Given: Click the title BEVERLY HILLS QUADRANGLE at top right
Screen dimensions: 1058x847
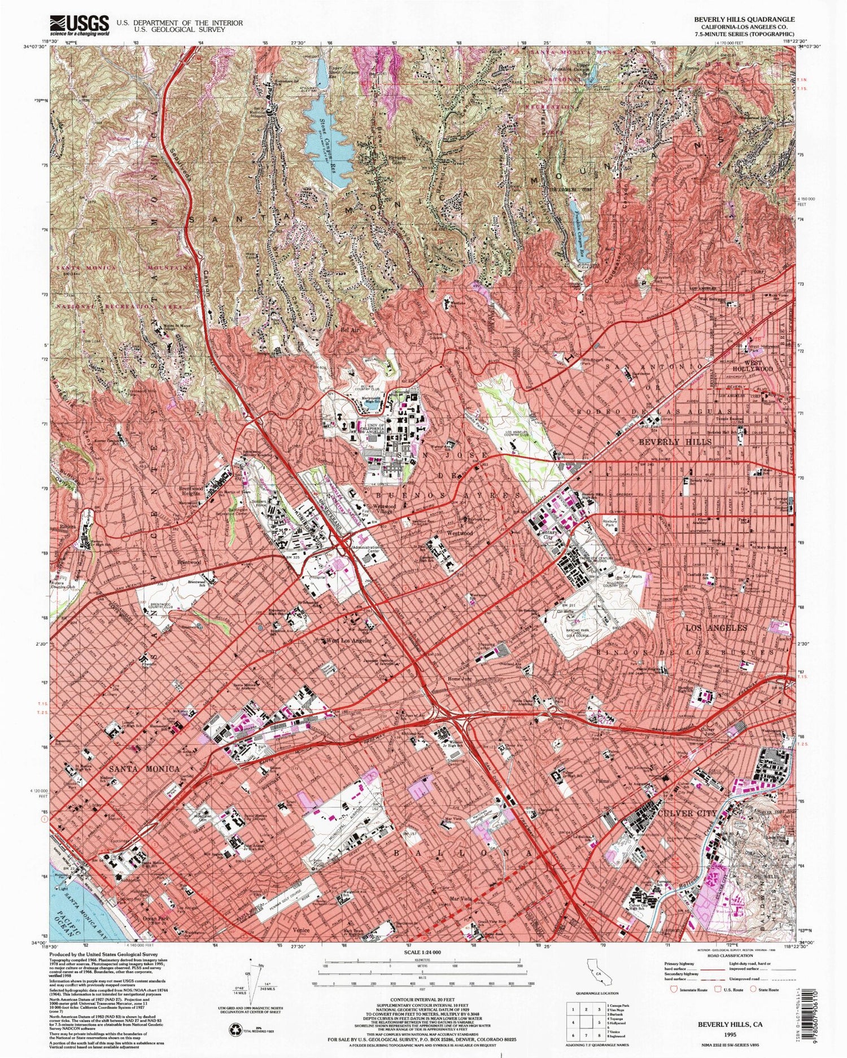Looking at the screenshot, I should (744, 19).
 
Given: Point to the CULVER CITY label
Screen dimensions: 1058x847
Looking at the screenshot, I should (687, 813).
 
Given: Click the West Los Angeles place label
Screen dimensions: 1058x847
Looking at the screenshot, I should (348, 641).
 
